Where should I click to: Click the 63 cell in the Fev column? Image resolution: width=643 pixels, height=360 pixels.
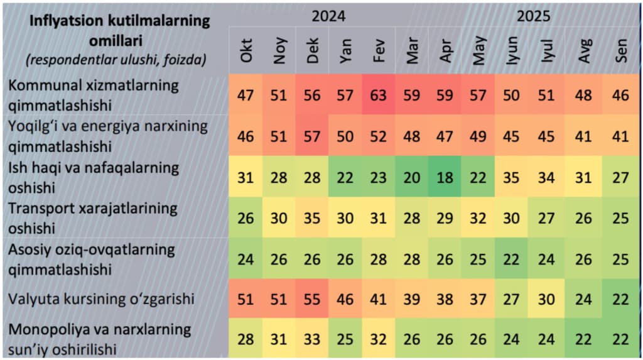pyautogui.click(x=379, y=95)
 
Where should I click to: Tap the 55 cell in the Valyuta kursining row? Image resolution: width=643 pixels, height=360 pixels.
pyautogui.click(x=313, y=298)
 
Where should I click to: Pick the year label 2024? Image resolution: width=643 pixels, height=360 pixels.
pyautogui.click(x=328, y=16)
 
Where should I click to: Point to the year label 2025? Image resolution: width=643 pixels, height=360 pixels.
pyautogui.click(x=533, y=16)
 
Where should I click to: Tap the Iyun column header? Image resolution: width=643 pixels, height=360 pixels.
pyautogui.click(x=512, y=50)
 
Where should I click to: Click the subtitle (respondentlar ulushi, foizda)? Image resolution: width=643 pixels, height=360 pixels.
pyautogui.click(x=116, y=61)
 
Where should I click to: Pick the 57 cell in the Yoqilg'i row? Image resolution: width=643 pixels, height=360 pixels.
pyautogui.click(x=313, y=136)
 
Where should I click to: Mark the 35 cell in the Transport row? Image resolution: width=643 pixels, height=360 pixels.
pyautogui.click(x=313, y=218)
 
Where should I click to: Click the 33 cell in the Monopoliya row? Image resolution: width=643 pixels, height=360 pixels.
pyautogui.click(x=313, y=339)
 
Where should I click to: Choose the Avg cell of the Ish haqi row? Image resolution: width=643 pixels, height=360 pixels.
pyautogui.click(x=584, y=177)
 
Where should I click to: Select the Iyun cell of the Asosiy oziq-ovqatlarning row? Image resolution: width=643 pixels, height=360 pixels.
pyautogui.click(x=512, y=258)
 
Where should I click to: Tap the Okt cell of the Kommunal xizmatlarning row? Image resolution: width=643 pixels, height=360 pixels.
pyautogui.click(x=247, y=95)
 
